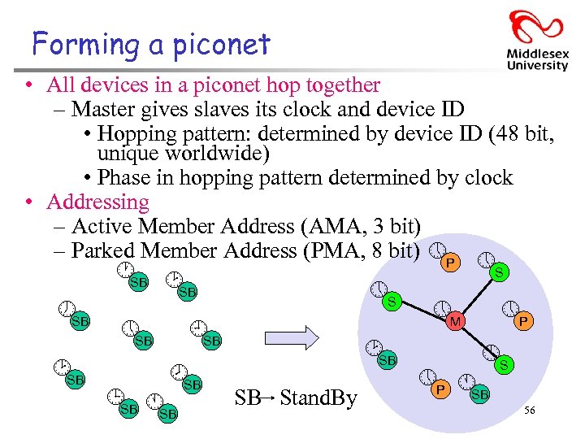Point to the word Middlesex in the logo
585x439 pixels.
click(537, 53)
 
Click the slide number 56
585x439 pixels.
click(530, 411)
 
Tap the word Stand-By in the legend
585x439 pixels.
click(318, 398)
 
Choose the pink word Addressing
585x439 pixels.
click(97, 202)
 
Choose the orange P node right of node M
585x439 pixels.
click(524, 323)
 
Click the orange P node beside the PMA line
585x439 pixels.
click(449, 263)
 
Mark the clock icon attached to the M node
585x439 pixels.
click(442, 309)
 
